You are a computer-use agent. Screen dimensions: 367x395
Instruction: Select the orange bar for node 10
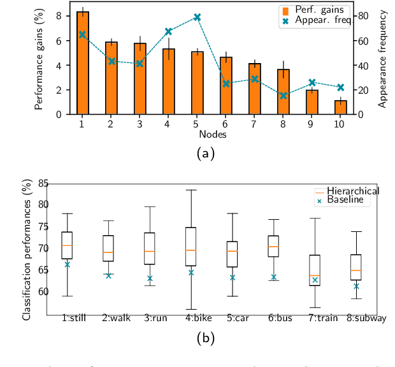click(x=341, y=107)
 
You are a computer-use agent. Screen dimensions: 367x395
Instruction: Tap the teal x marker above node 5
click(x=197, y=17)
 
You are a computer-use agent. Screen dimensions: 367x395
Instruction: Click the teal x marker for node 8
click(x=284, y=96)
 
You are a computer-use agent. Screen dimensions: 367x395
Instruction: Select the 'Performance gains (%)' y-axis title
click(x=39, y=59)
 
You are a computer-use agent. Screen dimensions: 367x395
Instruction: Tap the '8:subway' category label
click(x=366, y=318)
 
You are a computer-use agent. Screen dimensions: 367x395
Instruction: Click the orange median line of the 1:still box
click(x=66, y=245)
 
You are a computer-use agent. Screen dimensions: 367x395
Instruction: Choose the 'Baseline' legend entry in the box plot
click(x=344, y=200)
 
